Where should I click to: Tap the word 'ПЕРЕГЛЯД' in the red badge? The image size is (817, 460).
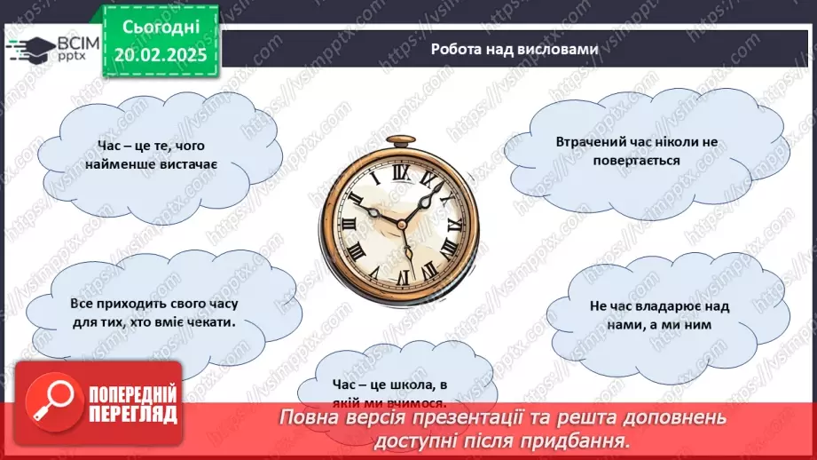tap(133, 414)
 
